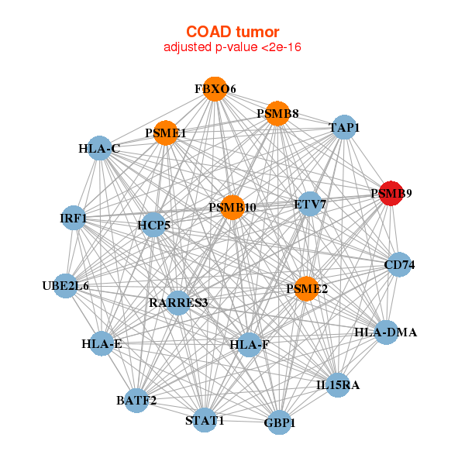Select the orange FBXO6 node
click(215, 89)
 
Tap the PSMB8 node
click(277, 114)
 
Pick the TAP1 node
click(343, 127)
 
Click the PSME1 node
click(165, 133)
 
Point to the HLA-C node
click(99, 148)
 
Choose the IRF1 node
click(74, 219)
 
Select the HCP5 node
click(153, 226)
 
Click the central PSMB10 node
click(232, 208)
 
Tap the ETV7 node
click(310, 205)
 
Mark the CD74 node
click(399, 265)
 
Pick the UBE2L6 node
click(66, 286)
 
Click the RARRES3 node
click(178, 302)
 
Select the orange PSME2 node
click(307, 289)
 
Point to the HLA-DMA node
click(386, 332)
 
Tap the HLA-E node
click(102, 343)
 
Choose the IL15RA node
click(338, 384)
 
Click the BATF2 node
click(137, 401)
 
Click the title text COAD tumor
click(232, 32)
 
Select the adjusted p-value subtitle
click(232, 47)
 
